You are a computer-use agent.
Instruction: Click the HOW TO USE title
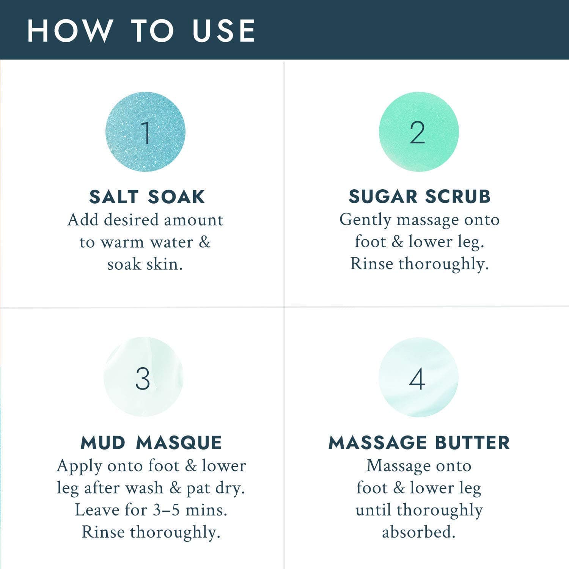(x=141, y=30)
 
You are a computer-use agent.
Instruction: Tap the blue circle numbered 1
(x=145, y=132)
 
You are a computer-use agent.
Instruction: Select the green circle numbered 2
(x=419, y=132)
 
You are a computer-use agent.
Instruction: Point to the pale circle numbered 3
(x=143, y=377)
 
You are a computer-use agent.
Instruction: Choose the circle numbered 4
(x=418, y=377)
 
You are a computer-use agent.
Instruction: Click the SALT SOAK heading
(x=147, y=197)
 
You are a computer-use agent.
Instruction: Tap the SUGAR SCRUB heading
(x=420, y=196)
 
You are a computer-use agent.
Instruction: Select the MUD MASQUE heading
(x=151, y=443)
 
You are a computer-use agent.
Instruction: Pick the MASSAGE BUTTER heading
(x=419, y=443)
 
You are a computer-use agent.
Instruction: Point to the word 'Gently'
(x=365, y=220)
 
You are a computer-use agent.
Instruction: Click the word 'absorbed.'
(x=419, y=532)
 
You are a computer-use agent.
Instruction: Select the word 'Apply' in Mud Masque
(x=79, y=466)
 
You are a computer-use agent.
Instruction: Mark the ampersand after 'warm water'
(x=204, y=242)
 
